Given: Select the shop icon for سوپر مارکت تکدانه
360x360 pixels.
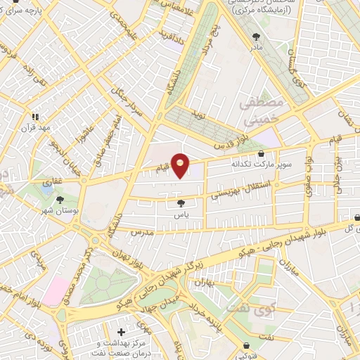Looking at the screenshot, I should click(x=262, y=154).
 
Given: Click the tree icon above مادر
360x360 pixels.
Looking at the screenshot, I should click(x=256, y=37).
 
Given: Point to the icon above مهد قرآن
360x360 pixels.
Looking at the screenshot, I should click(x=34, y=117).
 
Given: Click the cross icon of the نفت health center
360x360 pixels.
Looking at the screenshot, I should click(x=122, y=330).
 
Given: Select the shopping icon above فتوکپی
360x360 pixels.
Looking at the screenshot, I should click(x=247, y=345).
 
